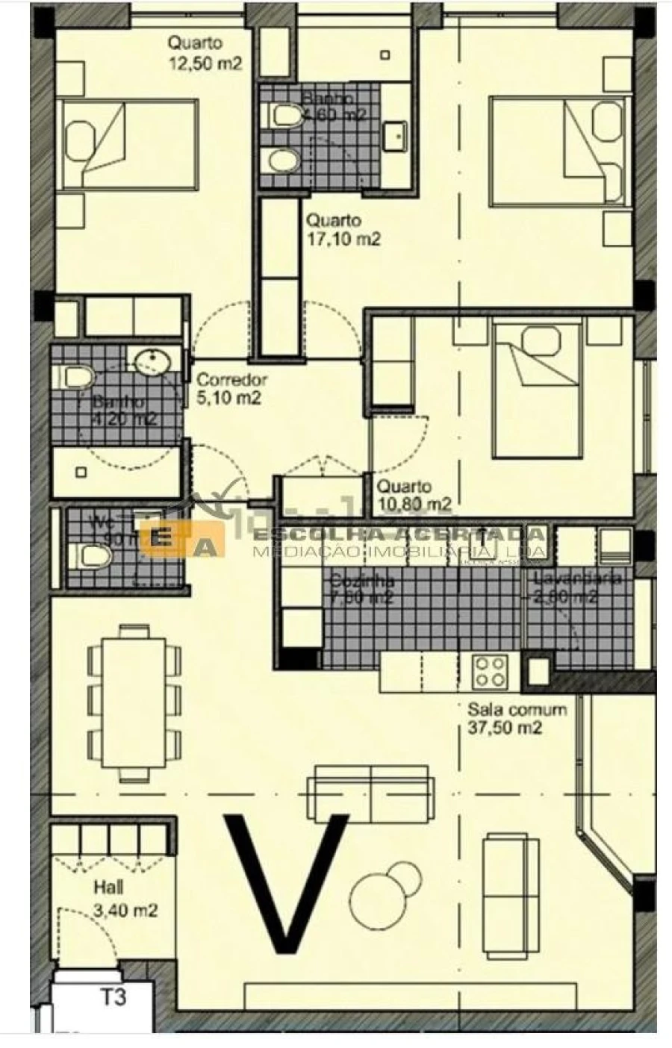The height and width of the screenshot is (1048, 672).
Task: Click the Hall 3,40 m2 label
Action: [x=125, y=899]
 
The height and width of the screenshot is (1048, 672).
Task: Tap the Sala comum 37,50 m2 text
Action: [x=517, y=719]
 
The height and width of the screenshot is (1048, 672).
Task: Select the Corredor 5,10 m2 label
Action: [x=231, y=389]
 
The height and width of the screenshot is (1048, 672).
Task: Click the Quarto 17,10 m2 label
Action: [x=343, y=230]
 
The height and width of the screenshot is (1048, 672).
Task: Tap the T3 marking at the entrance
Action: [x=113, y=996]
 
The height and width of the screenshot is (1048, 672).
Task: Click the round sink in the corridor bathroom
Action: [x=153, y=364]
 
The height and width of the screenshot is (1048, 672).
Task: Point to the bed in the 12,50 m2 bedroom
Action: [x=129, y=144]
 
